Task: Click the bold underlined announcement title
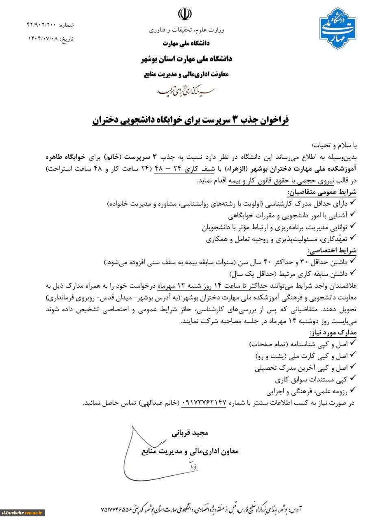tap(188, 120)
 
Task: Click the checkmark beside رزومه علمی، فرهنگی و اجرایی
tap(352, 392)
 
